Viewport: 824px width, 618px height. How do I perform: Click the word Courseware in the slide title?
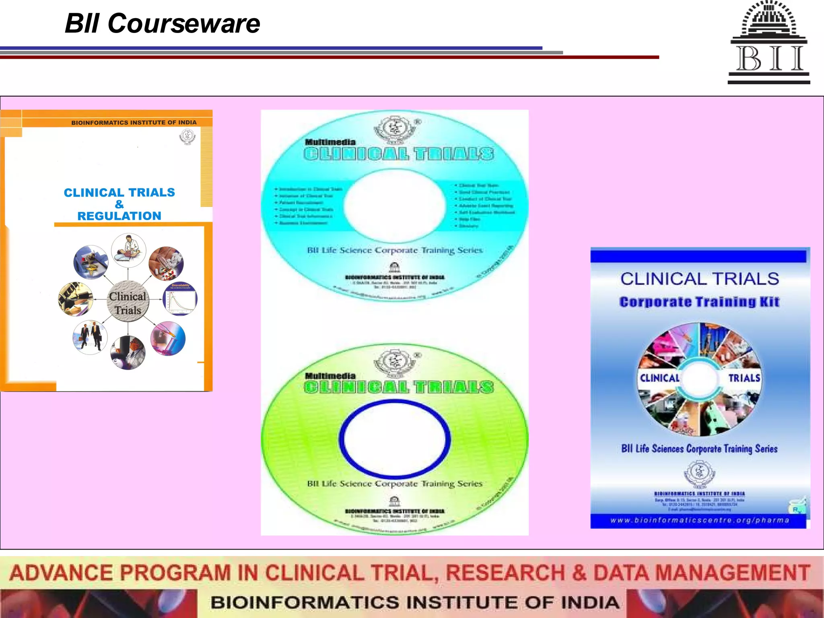tap(183, 23)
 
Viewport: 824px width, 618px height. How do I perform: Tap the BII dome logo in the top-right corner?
tap(769, 42)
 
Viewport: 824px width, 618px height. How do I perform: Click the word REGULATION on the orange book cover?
tap(119, 216)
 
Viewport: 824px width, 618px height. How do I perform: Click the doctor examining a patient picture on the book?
tap(128, 250)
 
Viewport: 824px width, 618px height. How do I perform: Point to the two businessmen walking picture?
tap(90, 337)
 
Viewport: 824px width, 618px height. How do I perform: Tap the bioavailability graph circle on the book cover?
tap(180, 299)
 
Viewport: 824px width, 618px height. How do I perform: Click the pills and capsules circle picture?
tap(166, 264)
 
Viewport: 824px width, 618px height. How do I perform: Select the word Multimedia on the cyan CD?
tap(330, 142)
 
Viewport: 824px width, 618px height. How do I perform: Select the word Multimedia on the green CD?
tap(330, 376)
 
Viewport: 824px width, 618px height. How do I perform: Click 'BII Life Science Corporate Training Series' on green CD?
tap(395, 484)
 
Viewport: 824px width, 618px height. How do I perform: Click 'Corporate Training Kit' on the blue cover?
tap(699, 302)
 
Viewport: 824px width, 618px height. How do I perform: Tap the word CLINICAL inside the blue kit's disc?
tap(659, 378)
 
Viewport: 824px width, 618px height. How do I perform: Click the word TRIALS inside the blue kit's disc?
tap(744, 378)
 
